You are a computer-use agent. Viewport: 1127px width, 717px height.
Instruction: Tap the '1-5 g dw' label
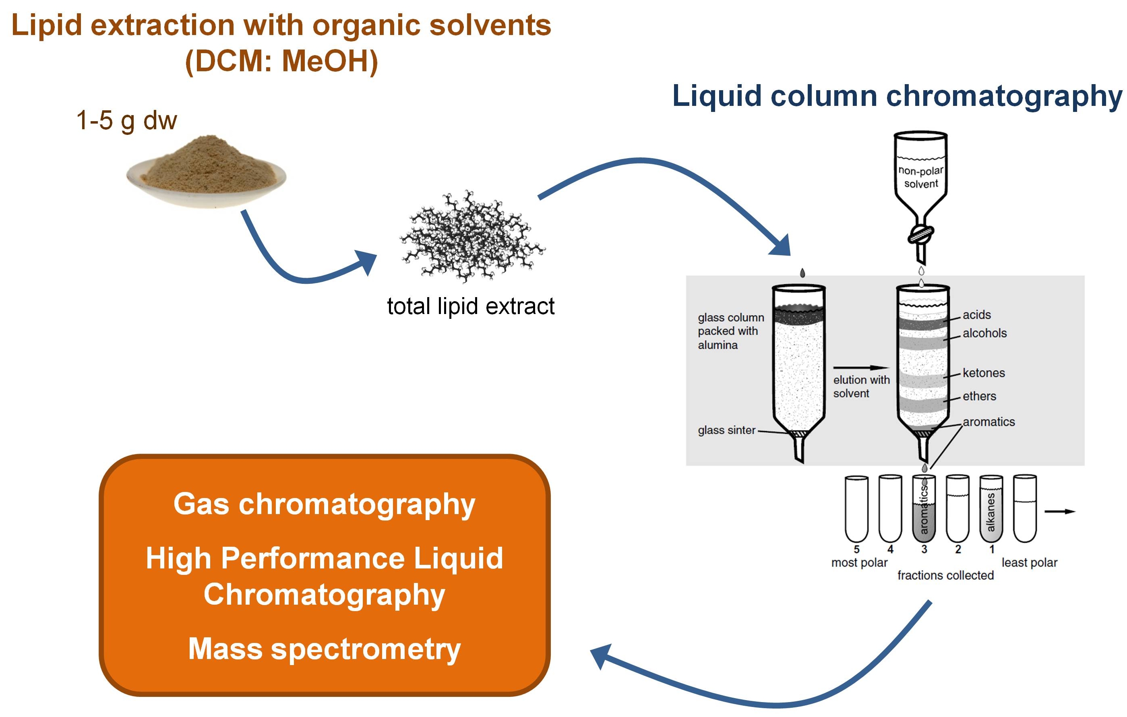(126, 120)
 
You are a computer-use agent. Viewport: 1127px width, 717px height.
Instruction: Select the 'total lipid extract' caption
(470, 306)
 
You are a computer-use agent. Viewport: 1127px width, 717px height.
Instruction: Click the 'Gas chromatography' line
(325, 504)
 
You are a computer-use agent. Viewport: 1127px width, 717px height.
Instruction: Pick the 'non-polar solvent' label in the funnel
(920, 177)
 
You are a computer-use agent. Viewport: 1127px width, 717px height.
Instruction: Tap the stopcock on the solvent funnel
(920, 233)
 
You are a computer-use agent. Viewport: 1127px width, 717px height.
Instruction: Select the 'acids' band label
(977, 314)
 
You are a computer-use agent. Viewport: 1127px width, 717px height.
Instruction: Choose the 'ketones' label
(984, 373)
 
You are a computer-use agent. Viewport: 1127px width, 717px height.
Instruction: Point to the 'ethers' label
(979, 397)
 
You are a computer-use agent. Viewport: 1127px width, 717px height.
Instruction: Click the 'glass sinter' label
(726, 430)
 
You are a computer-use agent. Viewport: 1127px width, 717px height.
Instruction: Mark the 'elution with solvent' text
(861, 386)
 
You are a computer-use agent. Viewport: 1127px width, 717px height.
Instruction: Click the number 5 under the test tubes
(856, 549)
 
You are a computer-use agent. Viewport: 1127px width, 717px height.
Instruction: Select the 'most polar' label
(859, 562)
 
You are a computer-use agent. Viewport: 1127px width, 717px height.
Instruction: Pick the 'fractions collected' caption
(945, 575)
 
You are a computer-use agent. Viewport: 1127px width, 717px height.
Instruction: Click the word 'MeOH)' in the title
(330, 61)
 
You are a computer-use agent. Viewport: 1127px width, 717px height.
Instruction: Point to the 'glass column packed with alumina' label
(730, 331)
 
